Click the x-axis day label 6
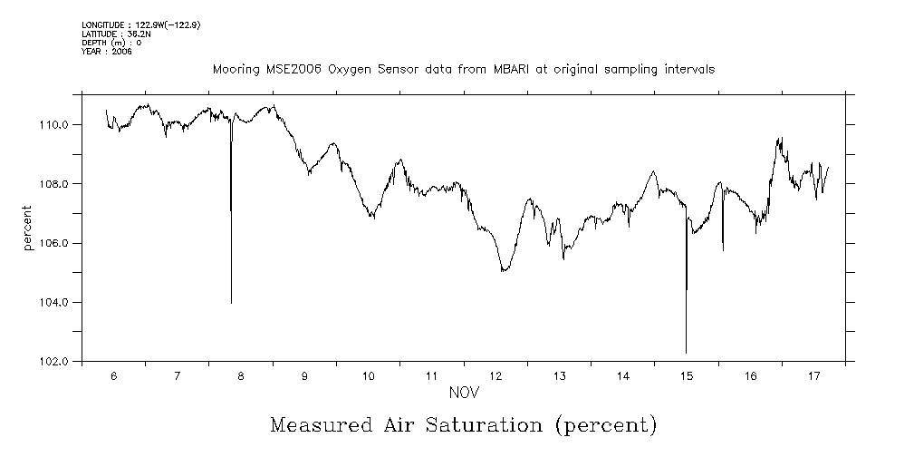click(113, 375)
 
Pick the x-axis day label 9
click(304, 375)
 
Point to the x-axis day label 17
click(813, 375)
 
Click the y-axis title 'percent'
click(28, 228)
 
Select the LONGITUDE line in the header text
click(140, 25)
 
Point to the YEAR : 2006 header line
click(107, 51)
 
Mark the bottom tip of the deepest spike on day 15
click(686, 353)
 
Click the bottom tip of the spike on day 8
click(231, 303)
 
